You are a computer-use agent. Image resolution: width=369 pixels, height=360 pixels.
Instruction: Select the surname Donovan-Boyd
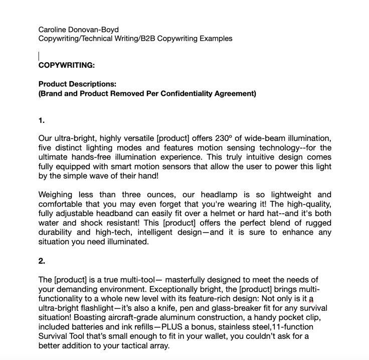[96, 29]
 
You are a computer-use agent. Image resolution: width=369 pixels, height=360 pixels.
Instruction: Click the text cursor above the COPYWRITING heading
[39, 56]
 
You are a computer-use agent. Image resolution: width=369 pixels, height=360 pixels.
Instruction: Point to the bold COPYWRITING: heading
[66, 65]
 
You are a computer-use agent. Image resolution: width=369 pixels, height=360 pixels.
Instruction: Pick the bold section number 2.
[42, 261]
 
